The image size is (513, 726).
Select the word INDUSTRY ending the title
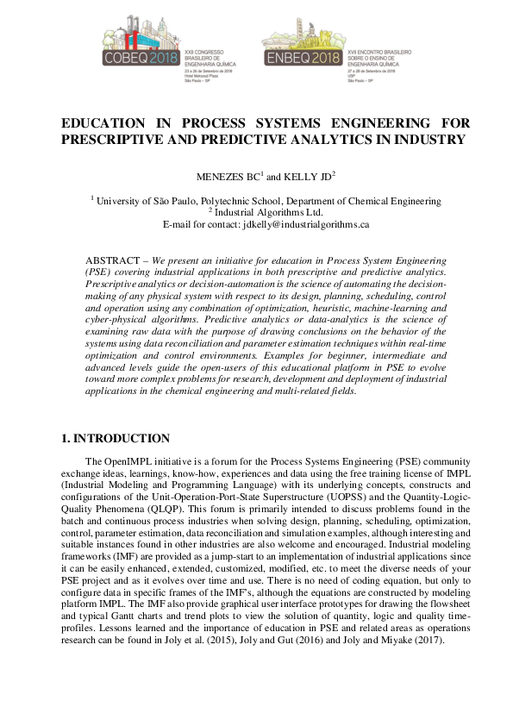[x=425, y=139]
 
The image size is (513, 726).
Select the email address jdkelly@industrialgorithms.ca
[x=306, y=224]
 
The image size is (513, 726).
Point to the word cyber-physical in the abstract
[x=121, y=320]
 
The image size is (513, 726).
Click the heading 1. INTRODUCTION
[x=116, y=439]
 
